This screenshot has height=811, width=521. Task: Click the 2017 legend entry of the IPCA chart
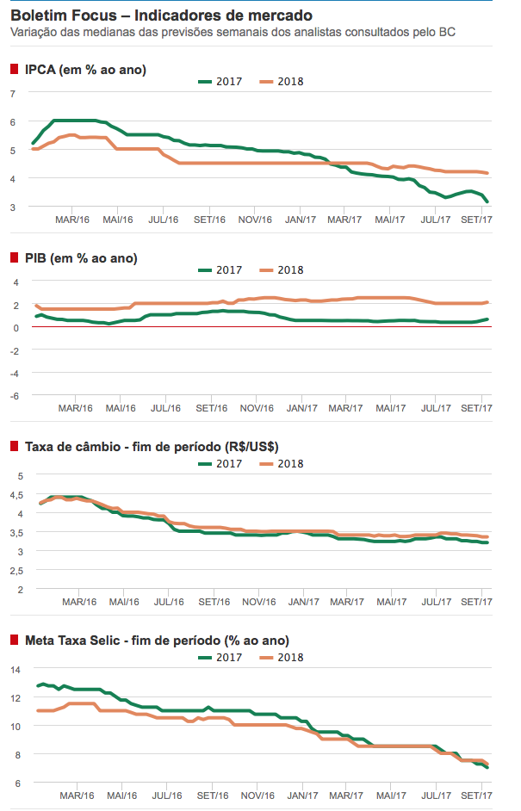220,82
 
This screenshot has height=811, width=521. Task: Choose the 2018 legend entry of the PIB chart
282,269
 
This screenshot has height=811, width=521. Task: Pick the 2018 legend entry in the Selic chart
282,657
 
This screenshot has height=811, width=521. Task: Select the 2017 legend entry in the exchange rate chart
220,463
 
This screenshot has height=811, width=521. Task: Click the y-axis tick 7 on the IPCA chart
13,93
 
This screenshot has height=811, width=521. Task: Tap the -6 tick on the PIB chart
13,395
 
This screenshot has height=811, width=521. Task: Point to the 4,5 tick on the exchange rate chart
16,494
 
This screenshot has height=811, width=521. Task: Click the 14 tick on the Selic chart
15,669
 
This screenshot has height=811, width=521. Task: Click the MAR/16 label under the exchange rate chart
74,602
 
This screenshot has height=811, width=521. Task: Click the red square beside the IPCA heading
14,70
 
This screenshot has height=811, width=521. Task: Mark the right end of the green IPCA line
488,202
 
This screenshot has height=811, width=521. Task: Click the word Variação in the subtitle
34,32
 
